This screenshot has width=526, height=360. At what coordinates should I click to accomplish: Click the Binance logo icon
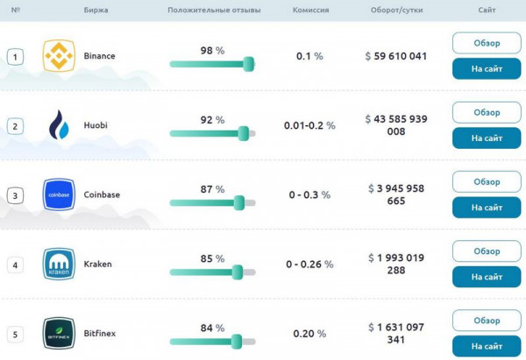tap(59, 56)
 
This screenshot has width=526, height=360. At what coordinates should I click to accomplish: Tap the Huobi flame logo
tap(59, 125)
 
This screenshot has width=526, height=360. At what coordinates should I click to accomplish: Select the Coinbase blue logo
tap(59, 194)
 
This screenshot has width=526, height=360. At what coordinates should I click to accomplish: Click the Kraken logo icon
tap(59, 264)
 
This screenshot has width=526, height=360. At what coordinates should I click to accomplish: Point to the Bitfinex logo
tap(59, 333)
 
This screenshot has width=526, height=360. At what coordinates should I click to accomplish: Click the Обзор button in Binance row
tap(487, 43)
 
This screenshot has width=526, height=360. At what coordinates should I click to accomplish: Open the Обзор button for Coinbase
tap(487, 181)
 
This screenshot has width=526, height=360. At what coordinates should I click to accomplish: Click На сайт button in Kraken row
tap(487, 277)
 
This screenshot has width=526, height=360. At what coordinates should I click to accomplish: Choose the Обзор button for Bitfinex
tap(487, 321)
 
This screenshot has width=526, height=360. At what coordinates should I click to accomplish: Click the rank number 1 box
tap(15, 57)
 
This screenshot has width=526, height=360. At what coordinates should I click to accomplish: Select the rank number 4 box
tap(15, 265)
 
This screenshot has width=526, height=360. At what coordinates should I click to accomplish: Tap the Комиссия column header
tap(310, 10)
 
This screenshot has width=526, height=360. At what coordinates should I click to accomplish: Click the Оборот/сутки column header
tap(396, 10)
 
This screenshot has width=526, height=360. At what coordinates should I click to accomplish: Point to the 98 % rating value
tap(212, 50)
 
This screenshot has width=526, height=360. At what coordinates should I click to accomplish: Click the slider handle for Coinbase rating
tap(238, 202)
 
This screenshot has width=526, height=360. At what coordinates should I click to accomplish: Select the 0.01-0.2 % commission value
tap(309, 125)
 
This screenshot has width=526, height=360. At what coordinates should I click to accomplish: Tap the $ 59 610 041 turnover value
tap(396, 56)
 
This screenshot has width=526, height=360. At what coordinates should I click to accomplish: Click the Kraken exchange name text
tap(97, 264)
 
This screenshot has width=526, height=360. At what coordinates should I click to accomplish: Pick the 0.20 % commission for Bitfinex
tap(309, 333)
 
